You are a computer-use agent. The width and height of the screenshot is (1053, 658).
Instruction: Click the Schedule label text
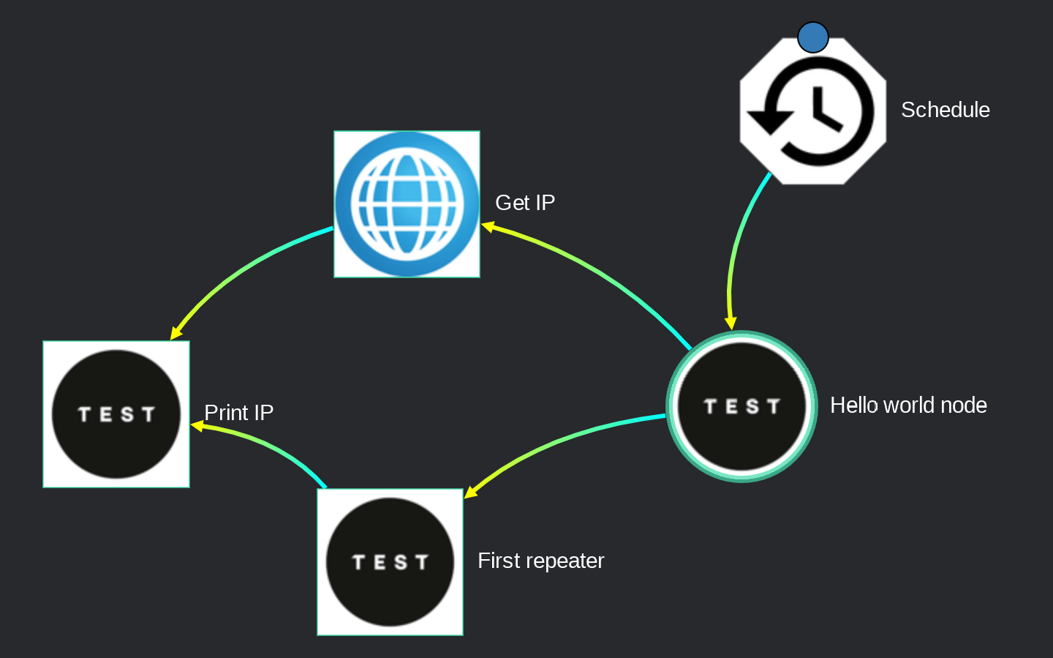(945, 110)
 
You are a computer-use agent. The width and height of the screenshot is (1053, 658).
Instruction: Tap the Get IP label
(525, 203)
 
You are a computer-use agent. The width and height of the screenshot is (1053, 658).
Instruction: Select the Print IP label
(238, 413)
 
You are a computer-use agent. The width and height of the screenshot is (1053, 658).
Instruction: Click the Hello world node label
(908, 405)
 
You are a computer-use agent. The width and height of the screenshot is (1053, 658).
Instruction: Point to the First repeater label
(540, 561)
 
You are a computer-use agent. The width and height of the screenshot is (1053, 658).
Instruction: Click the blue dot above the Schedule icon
(812, 37)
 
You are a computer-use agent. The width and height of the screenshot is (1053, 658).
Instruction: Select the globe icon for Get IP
(407, 204)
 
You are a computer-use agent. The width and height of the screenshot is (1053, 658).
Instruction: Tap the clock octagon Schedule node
(812, 111)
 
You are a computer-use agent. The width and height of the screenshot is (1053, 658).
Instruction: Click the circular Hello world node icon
(741, 406)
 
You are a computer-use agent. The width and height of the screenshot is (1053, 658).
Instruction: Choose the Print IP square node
(116, 414)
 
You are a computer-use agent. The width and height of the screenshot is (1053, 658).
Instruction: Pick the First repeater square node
(390, 562)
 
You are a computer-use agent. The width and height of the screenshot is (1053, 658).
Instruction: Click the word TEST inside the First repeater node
(390, 562)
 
